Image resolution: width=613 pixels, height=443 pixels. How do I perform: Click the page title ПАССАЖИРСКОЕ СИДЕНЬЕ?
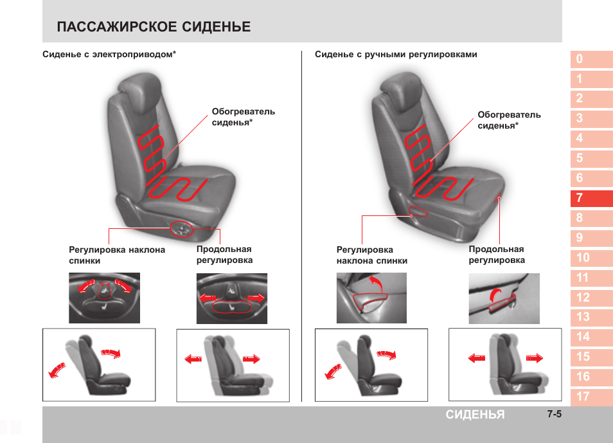click(x=154, y=26)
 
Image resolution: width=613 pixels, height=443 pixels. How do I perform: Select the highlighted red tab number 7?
click(x=592, y=198)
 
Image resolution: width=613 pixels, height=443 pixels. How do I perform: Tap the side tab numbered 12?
click(x=592, y=298)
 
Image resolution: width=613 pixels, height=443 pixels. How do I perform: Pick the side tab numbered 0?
click(x=592, y=59)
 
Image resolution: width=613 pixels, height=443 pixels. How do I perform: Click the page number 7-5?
click(x=555, y=414)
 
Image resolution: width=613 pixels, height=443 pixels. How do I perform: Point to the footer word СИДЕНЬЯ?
click(x=475, y=415)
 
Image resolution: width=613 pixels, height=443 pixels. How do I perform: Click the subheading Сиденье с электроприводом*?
click(x=109, y=55)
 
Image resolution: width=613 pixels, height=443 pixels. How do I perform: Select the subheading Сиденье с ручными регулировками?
click(x=396, y=55)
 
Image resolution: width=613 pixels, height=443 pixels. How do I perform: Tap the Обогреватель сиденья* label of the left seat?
click(x=243, y=117)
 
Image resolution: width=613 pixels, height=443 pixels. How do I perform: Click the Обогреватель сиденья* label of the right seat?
click(x=509, y=120)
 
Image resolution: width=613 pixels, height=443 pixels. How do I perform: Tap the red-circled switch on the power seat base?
click(x=181, y=229)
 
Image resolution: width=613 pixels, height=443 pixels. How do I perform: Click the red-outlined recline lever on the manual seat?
click(x=419, y=212)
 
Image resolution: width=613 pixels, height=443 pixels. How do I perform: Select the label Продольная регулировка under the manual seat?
click(x=497, y=255)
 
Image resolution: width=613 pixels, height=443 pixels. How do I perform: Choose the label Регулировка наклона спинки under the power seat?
click(x=117, y=255)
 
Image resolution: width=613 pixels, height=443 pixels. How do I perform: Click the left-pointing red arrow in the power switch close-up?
click(x=207, y=298)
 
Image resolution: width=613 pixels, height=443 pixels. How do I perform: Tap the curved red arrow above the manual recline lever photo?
click(x=376, y=282)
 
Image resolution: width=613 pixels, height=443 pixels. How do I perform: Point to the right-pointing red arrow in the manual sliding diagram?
click(x=535, y=357)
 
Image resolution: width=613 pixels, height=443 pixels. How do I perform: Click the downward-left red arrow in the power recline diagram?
click(x=57, y=370)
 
